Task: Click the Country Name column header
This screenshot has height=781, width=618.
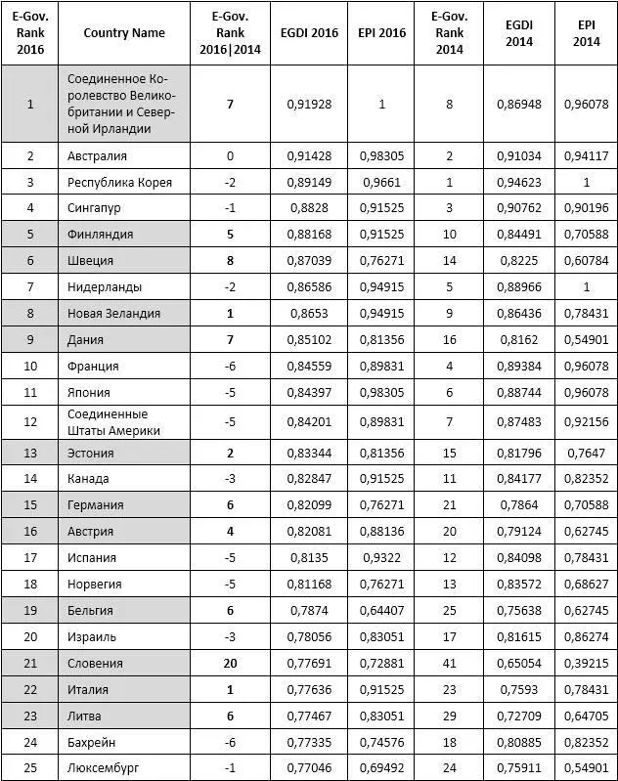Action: [x=124, y=32]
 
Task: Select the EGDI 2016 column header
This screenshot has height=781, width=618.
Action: [x=312, y=32]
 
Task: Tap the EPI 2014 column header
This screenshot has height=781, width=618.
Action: [x=586, y=32]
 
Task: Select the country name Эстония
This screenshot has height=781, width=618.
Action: [x=91, y=453]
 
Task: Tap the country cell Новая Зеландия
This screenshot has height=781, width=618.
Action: [x=113, y=313]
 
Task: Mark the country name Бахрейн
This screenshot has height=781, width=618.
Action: [x=92, y=741]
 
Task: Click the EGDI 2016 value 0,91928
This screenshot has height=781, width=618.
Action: [x=312, y=104]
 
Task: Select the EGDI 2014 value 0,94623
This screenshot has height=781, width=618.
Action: [x=518, y=182]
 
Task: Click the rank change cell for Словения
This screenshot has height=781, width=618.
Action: [x=230, y=663]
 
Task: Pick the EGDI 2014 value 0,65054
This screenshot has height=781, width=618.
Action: [x=518, y=663]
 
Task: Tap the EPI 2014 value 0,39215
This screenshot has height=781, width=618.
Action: [x=586, y=663]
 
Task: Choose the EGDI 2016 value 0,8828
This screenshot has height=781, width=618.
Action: [x=312, y=207]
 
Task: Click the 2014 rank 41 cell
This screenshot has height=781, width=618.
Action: [x=449, y=663]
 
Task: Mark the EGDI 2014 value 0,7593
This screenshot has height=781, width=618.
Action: [x=518, y=689]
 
